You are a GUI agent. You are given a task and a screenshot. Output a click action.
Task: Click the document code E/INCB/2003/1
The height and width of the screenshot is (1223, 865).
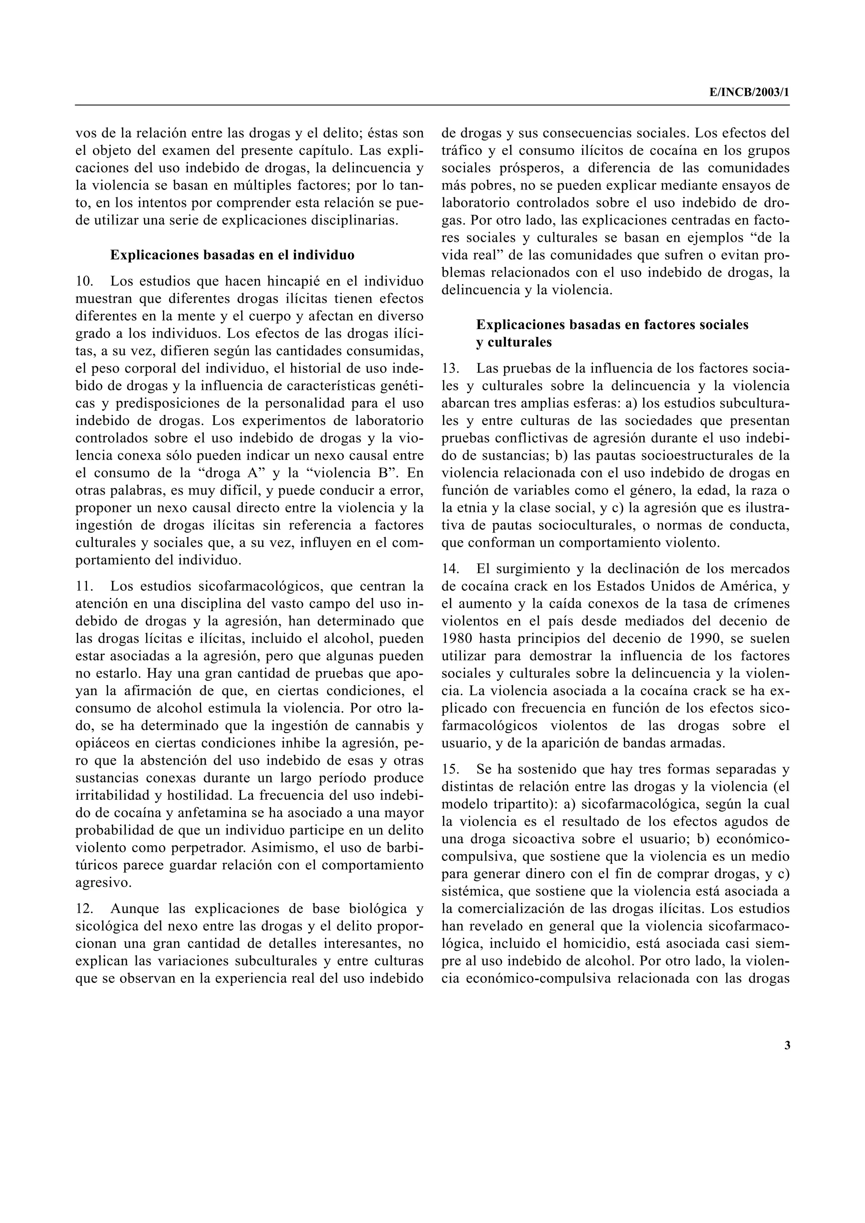(749, 92)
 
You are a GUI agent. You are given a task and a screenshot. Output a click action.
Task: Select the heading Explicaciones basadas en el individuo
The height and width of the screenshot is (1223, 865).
(232, 255)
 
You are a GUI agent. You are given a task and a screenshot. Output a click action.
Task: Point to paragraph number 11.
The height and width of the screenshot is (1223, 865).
(84, 587)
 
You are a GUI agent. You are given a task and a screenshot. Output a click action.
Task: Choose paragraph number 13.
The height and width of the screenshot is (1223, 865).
(451, 368)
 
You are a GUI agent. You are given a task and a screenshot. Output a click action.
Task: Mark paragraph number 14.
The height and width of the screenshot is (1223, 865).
(451, 569)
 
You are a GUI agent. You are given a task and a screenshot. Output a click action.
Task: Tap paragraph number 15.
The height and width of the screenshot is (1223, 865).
(451, 769)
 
